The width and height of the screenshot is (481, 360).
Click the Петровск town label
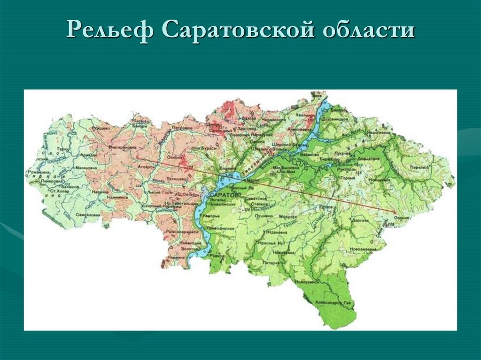(x=182, y=127)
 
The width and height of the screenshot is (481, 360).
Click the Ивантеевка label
(x=380, y=133)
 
